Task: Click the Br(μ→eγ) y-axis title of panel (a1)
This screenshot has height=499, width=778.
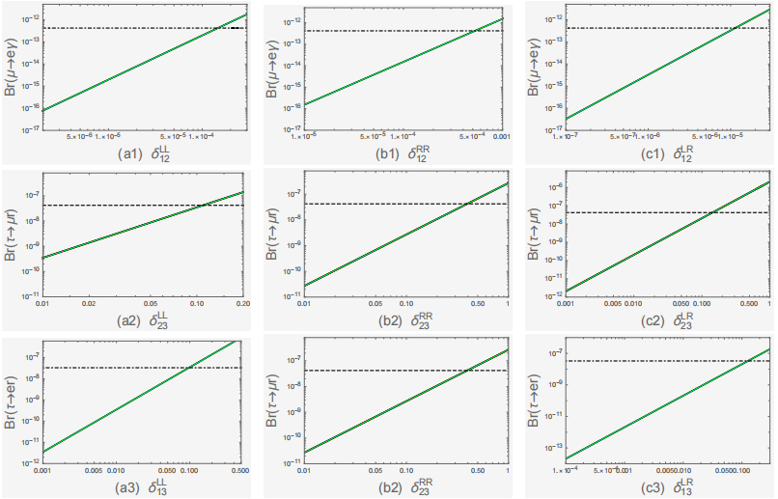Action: pyautogui.click(x=11, y=68)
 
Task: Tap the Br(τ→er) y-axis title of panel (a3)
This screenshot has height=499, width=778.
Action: pyautogui.click(x=11, y=399)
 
